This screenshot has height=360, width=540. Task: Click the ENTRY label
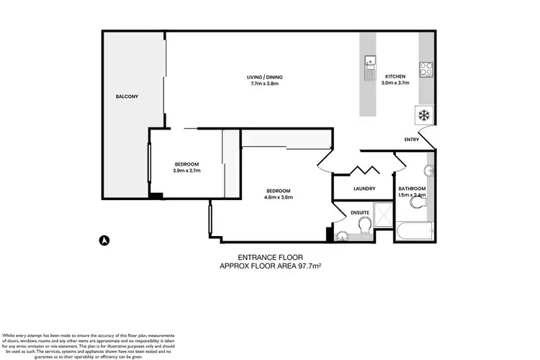(x=411, y=140)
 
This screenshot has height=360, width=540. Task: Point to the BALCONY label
(x=127, y=96)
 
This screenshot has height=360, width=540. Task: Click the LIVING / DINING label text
(x=259, y=77)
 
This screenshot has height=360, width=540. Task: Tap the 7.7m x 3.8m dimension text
(x=259, y=84)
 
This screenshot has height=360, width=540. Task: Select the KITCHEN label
(x=395, y=76)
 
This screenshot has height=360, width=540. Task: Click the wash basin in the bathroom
(x=428, y=171)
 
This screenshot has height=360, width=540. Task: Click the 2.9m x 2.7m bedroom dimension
(x=186, y=171)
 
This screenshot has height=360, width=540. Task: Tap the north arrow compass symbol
(x=104, y=240)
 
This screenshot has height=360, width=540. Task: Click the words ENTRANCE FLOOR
(x=270, y=257)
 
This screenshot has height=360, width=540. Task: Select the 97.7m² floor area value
(x=306, y=266)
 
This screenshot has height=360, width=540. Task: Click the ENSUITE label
(x=360, y=213)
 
